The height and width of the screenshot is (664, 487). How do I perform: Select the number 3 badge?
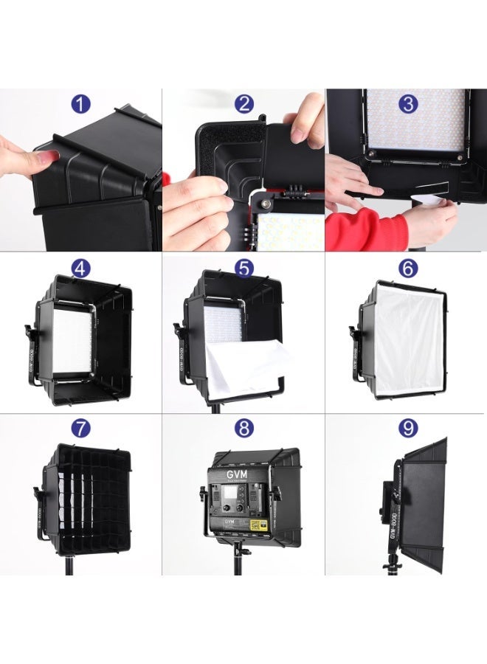(407, 104)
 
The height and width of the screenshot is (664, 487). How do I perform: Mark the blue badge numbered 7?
(80, 428)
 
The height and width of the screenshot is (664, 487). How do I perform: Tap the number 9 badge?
(407, 428)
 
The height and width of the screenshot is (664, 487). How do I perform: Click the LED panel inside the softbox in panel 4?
(72, 341)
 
